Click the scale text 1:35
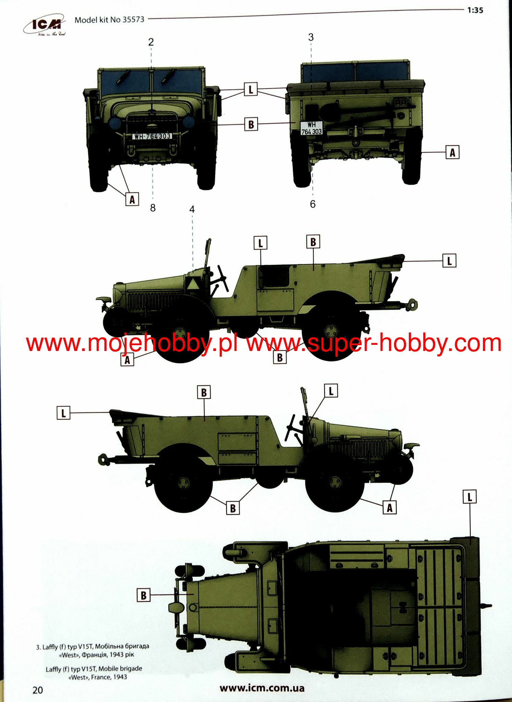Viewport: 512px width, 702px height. point(475,10)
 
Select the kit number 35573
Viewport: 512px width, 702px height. point(134,20)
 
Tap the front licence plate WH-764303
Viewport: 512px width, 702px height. point(152,136)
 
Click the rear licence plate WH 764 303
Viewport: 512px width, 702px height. point(311,128)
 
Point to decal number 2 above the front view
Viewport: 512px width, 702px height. point(151,42)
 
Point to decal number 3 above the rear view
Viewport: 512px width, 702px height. point(311,37)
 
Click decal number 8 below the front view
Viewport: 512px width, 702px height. point(153,208)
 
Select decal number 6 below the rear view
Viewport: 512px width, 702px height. point(313,204)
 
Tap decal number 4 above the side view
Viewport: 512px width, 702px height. point(192,209)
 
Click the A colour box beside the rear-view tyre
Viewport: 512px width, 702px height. point(452,152)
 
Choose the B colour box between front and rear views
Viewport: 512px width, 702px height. point(251,124)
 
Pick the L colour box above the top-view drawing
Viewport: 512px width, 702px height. point(470,497)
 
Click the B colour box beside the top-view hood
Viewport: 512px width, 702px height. point(144,595)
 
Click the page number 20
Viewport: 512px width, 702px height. point(38,690)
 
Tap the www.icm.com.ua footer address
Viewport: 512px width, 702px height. point(262,688)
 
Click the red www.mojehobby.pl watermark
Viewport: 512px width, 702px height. point(132,343)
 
